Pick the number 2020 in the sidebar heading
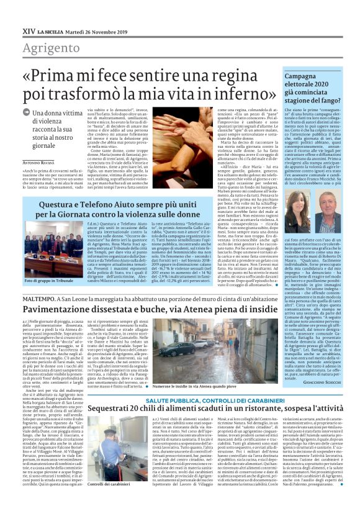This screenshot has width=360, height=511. pyautogui.click(x=305, y=85)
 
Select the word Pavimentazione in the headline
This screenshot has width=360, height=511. pyautogui.click(x=65, y=309)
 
